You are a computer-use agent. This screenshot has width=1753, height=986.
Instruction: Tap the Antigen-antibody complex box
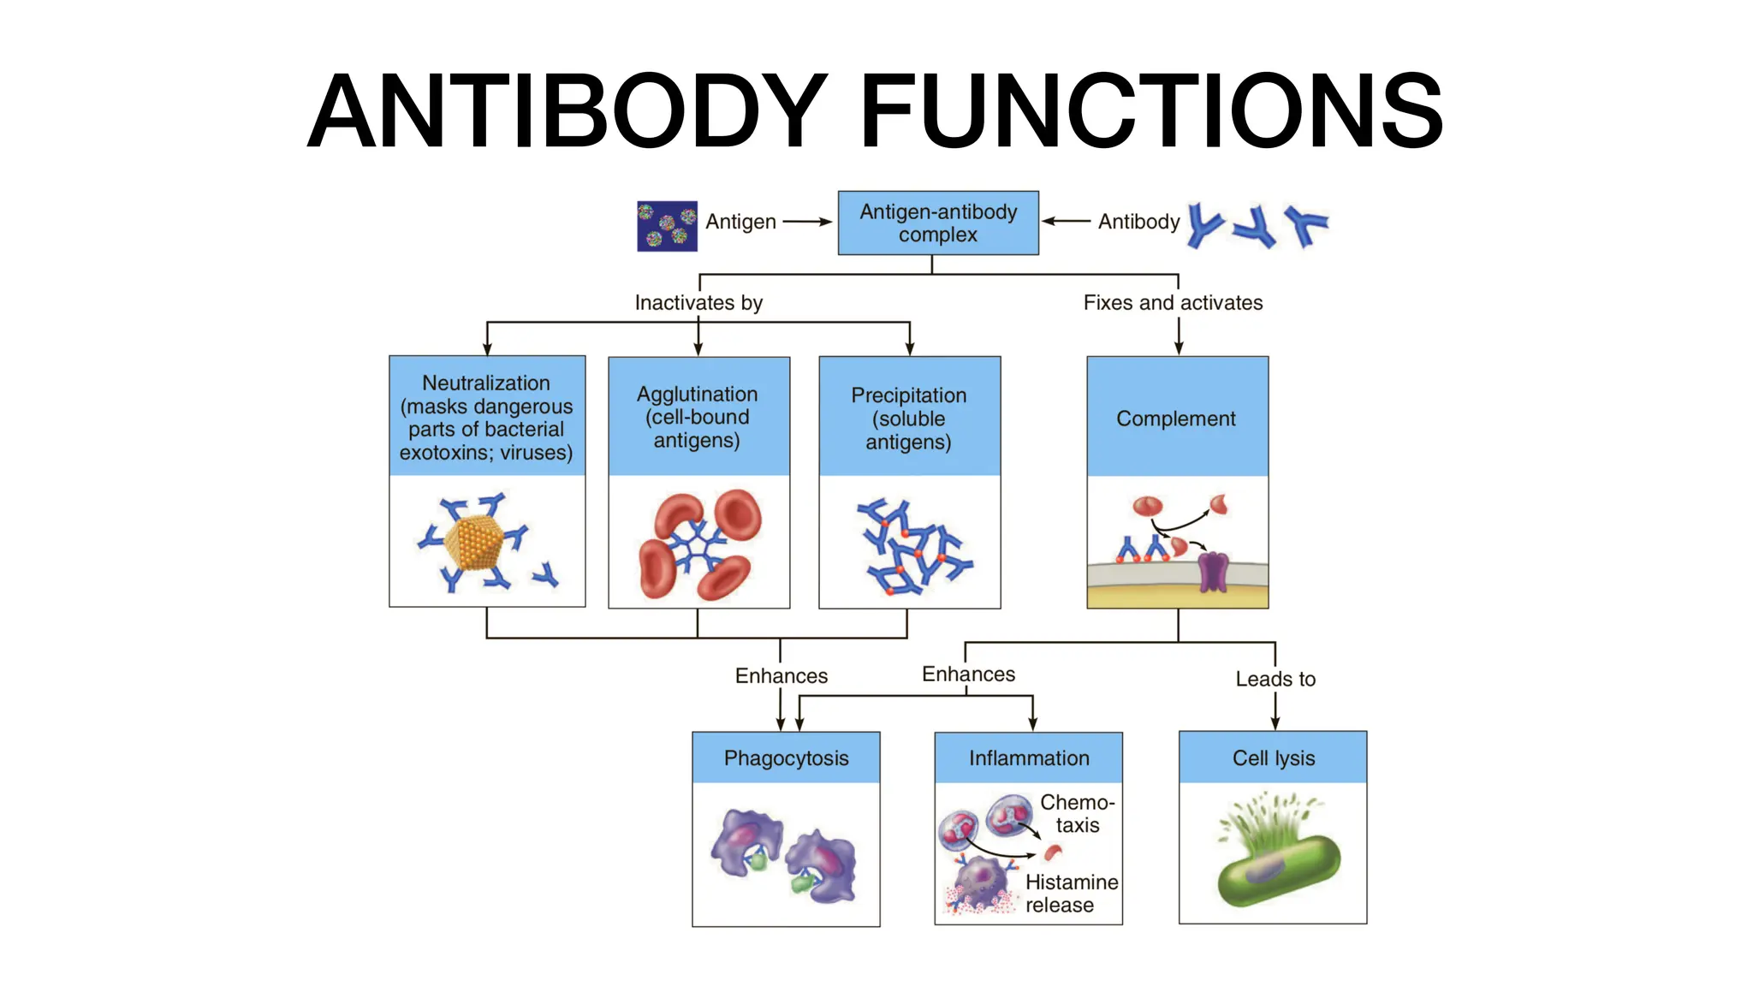pyautogui.click(x=938, y=223)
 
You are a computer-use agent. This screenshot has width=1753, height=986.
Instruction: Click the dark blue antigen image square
pyautogui.click(x=667, y=226)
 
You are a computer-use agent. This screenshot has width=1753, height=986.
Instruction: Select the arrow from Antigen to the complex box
pyautogui.click(x=806, y=222)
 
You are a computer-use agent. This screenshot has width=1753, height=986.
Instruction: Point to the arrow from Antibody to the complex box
pyautogui.click(x=1067, y=222)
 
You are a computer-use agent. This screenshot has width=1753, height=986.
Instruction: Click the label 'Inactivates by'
pyautogui.click(x=698, y=302)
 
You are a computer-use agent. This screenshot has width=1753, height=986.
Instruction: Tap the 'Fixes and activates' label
pyautogui.click(x=1173, y=302)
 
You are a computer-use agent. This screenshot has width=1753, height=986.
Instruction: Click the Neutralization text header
pyautogui.click(x=486, y=417)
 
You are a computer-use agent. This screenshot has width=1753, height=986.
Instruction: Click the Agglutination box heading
pyautogui.click(x=698, y=417)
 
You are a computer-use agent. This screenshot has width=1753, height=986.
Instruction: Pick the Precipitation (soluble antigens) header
pyautogui.click(x=909, y=418)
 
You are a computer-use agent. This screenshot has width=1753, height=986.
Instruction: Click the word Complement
pyautogui.click(x=1176, y=419)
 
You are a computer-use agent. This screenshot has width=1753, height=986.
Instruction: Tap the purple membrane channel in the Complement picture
pyautogui.click(x=1213, y=572)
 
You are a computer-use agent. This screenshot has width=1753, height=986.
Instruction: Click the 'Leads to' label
pyautogui.click(x=1275, y=679)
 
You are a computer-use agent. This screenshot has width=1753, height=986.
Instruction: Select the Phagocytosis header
pyautogui.click(x=786, y=758)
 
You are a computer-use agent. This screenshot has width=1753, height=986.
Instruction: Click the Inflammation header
pyautogui.click(x=1029, y=758)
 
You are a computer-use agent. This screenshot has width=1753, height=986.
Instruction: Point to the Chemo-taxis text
pyautogui.click(x=1077, y=813)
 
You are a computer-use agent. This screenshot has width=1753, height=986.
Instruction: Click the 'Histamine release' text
pyautogui.click(x=1071, y=893)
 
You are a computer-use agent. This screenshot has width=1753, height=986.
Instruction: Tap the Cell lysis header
pyautogui.click(x=1273, y=758)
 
